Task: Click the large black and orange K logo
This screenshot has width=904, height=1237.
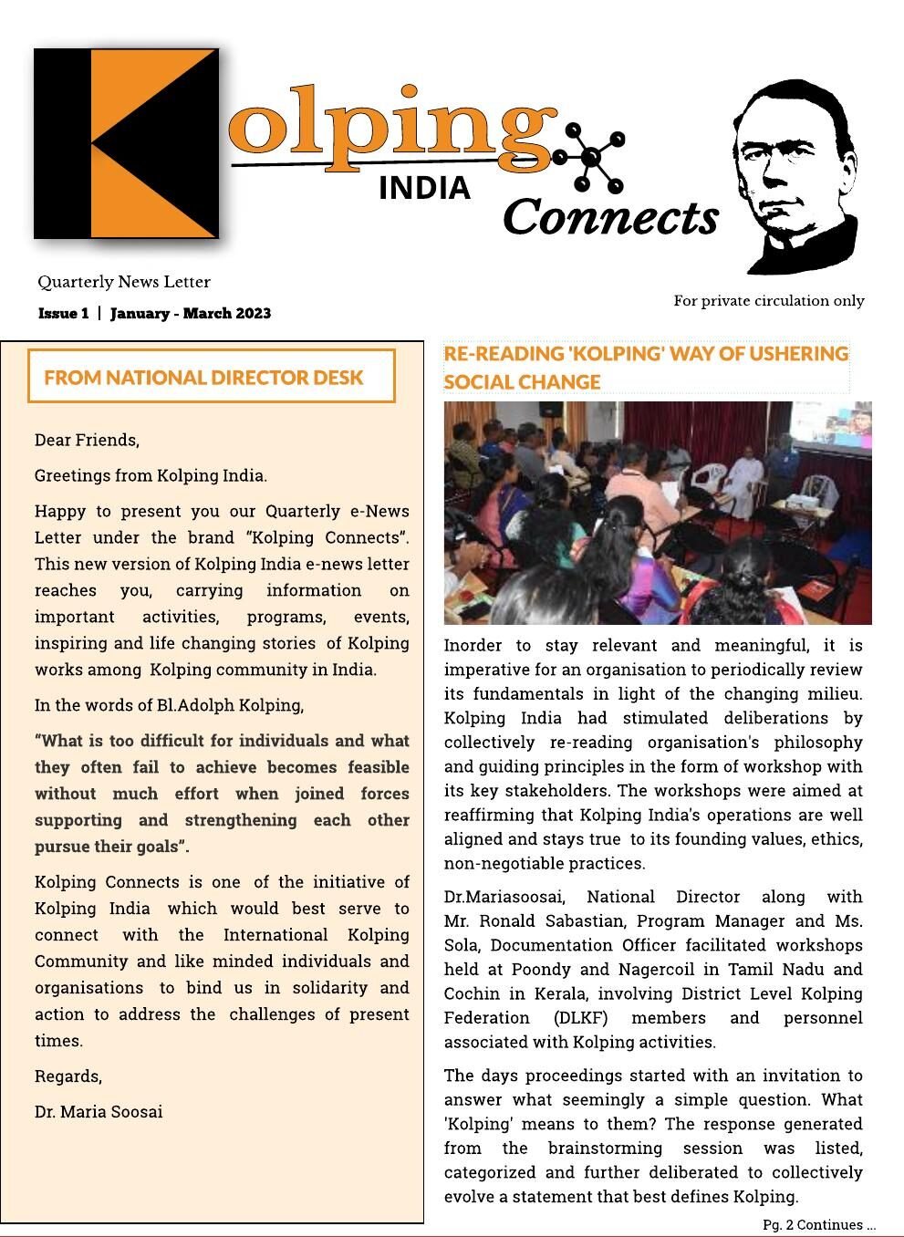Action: tap(127, 143)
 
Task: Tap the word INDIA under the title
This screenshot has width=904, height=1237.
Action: tap(424, 188)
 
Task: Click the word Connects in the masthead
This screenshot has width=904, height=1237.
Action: tap(610, 218)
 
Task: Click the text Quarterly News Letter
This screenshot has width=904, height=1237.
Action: tap(124, 282)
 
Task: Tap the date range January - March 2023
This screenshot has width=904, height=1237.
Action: tap(191, 314)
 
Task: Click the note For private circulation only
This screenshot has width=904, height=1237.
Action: tap(769, 301)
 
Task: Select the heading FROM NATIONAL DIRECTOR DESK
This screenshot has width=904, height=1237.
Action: tap(203, 378)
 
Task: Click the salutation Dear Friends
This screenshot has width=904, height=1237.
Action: tap(87, 440)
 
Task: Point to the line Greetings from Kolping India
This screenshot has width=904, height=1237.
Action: tap(151, 475)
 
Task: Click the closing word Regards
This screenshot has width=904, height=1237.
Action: tap(68, 1076)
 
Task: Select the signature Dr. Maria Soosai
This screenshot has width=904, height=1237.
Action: tap(99, 1112)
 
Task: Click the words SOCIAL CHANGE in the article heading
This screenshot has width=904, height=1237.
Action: tap(522, 382)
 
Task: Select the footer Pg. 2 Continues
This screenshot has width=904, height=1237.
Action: tap(818, 1225)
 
